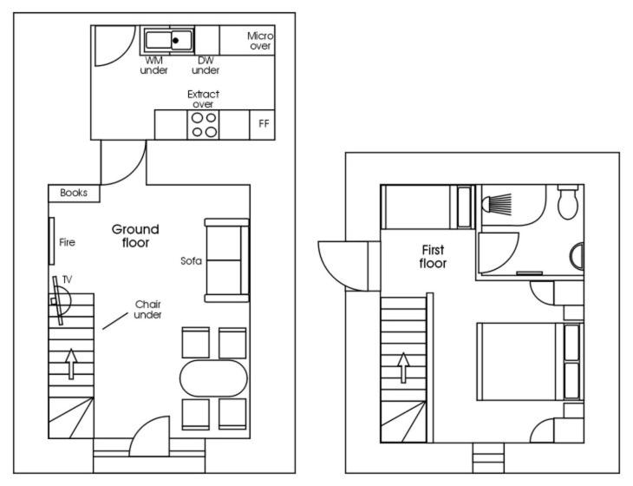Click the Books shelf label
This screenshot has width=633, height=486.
[x=74, y=193]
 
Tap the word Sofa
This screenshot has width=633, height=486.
[x=191, y=261]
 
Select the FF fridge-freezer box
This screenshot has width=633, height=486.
[x=263, y=125]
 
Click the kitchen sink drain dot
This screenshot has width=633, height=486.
[x=176, y=41]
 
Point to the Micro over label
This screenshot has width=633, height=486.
[x=260, y=41]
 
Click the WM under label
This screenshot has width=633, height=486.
[x=153, y=65]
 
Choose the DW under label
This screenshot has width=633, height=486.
[x=206, y=65]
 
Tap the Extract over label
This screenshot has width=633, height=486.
[x=203, y=99]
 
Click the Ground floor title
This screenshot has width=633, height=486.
[x=135, y=236]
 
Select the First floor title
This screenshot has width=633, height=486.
[x=433, y=257]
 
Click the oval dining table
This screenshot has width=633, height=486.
[x=213, y=378]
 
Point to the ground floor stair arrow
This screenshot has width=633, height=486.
[x=71, y=364]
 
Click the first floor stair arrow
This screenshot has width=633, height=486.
[x=403, y=368]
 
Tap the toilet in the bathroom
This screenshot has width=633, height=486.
[x=568, y=201]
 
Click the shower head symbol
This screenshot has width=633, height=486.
[x=497, y=204]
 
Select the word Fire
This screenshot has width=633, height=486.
[x=67, y=242]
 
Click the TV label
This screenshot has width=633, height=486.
[x=67, y=279]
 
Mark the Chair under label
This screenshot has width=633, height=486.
[x=147, y=310]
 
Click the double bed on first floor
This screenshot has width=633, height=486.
[x=530, y=361]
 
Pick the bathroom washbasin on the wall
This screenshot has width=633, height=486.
[x=578, y=257]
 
